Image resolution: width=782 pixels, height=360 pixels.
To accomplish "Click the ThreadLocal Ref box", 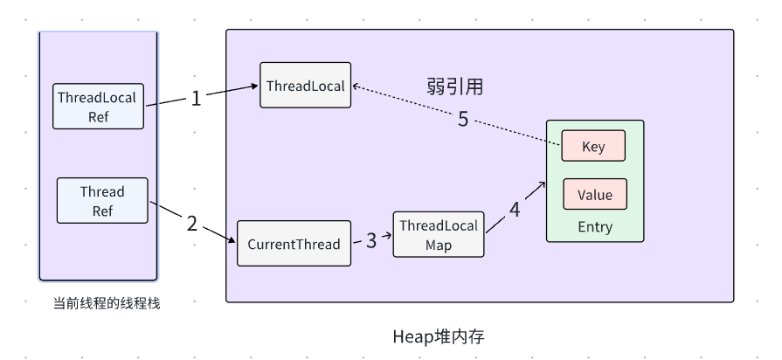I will pyautogui.click(x=98, y=106).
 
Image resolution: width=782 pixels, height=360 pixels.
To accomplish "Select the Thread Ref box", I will pyautogui.click(x=102, y=200).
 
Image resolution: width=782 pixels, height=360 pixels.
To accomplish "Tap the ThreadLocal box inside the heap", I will pyautogui.click(x=305, y=85).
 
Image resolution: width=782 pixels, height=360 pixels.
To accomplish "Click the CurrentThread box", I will pyautogui.click(x=294, y=244).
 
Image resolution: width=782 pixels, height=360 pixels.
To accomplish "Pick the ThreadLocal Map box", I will pyautogui.click(x=439, y=233).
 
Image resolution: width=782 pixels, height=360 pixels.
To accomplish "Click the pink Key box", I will pyautogui.click(x=593, y=146).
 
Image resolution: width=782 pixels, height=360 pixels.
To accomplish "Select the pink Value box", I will pyautogui.click(x=594, y=194).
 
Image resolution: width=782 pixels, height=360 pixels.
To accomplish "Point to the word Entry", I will pyautogui.click(x=595, y=227).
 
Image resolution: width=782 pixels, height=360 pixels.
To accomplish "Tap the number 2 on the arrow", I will pyautogui.click(x=192, y=223).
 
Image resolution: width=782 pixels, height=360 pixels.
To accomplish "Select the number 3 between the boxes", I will pyautogui.click(x=371, y=240).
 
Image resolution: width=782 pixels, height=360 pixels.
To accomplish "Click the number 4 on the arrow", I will pyautogui.click(x=514, y=210).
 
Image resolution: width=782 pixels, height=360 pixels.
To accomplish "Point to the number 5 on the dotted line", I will pyautogui.click(x=463, y=119).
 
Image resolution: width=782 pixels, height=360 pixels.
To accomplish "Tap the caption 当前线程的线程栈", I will pyautogui.click(x=107, y=303).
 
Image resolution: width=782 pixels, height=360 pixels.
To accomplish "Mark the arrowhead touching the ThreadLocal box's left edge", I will pyautogui.click(x=254, y=87).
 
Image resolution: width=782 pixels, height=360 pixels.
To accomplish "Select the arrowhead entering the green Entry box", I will pyautogui.click(x=542, y=183).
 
